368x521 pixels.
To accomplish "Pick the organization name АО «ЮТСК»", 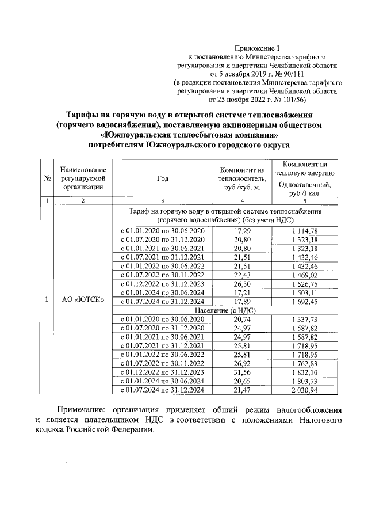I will click(83, 300).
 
